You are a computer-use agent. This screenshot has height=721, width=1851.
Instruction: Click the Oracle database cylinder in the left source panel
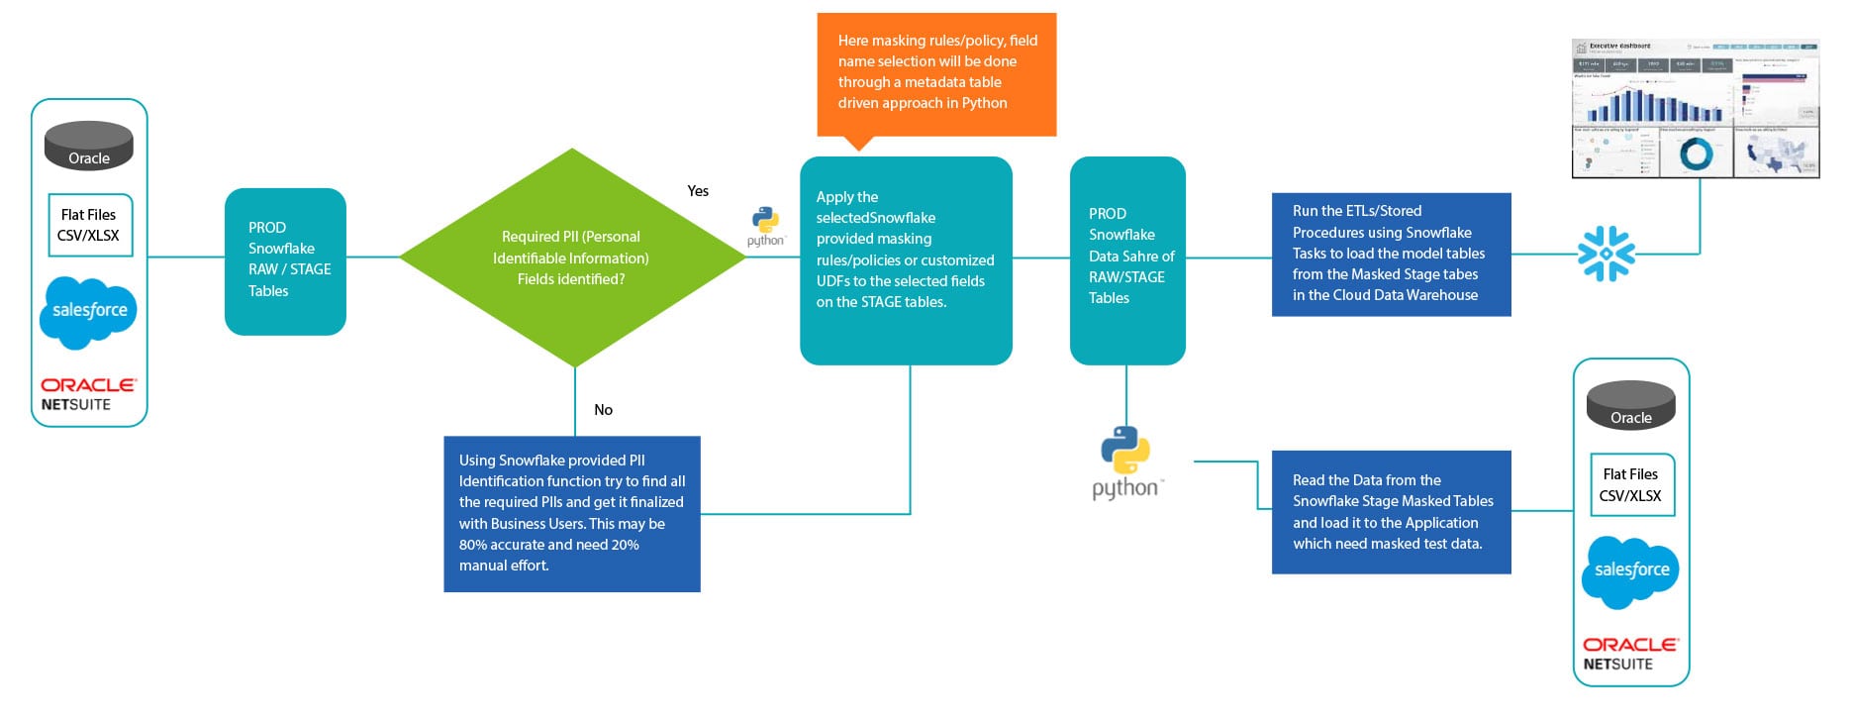pyautogui.click(x=89, y=147)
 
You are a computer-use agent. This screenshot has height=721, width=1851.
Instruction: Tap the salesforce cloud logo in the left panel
pyautogui.click(x=89, y=312)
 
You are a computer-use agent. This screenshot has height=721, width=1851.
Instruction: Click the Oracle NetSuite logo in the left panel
pyautogui.click(x=88, y=393)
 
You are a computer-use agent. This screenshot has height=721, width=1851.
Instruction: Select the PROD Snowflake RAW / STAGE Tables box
pyautogui.click(x=285, y=261)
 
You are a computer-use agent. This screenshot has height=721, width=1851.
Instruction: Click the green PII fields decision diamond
pyautogui.click(x=572, y=257)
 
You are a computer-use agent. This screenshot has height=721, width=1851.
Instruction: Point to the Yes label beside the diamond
pyautogui.click(x=698, y=191)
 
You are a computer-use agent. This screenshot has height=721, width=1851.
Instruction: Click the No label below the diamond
pyautogui.click(x=603, y=410)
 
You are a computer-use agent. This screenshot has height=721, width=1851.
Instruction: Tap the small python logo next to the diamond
pyautogui.click(x=765, y=227)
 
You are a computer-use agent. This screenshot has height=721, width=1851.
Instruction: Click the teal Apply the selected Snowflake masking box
pyautogui.click(x=906, y=259)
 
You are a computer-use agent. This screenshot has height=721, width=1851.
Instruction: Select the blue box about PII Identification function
pyautogui.click(x=572, y=513)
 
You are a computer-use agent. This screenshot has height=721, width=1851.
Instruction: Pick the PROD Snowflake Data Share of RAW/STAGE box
pyautogui.click(x=1127, y=259)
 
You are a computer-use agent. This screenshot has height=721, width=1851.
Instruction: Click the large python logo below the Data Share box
pyautogui.click(x=1126, y=462)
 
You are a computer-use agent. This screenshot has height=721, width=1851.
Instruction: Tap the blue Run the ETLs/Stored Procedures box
pyautogui.click(x=1391, y=255)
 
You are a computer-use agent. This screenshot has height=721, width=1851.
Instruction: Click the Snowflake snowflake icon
pyautogui.click(x=1606, y=254)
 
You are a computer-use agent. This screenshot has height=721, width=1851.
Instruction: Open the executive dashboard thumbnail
pyautogui.click(x=1695, y=109)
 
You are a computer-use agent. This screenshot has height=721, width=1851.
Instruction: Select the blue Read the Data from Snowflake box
pyautogui.click(x=1391, y=512)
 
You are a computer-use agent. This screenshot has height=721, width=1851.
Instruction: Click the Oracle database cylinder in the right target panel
pyautogui.click(x=1630, y=405)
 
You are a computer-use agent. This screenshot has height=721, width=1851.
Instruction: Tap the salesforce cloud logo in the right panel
pyautogui.click(x=1630, y=571)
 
